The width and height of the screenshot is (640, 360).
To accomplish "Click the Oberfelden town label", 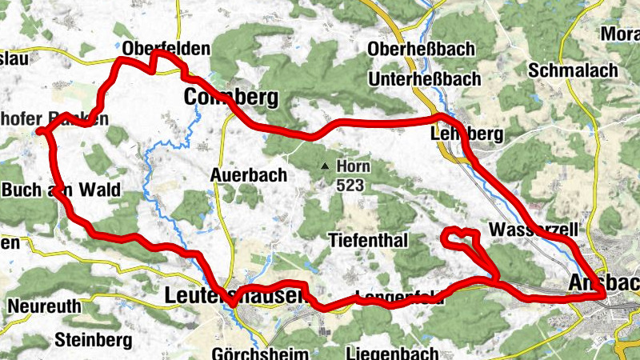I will pyautogui.click(x=166, y=49).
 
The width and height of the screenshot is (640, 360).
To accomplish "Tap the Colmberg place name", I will pyautogui.click(x=231, y=98).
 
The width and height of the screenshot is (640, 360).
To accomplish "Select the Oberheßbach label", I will pyautogui.click(x=421, y=49).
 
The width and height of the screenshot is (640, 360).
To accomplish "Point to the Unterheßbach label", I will pyautogui.click(x=425, y=78).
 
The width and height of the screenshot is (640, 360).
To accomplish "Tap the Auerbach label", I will pyautogui.click(x=246, y=174).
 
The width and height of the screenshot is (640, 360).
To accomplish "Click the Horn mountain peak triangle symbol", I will pyautogui.click(x=325, y=167).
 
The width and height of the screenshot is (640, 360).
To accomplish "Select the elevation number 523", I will pyautogui.click(x=350, y=186).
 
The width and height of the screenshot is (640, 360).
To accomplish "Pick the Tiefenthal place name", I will pyautogui.click(x=369, y=240).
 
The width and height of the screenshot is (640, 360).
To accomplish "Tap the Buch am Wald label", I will pyautogui.click(x=62, y=190).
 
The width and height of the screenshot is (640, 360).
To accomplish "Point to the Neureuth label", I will pyautogui.click(x=45, y=306).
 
